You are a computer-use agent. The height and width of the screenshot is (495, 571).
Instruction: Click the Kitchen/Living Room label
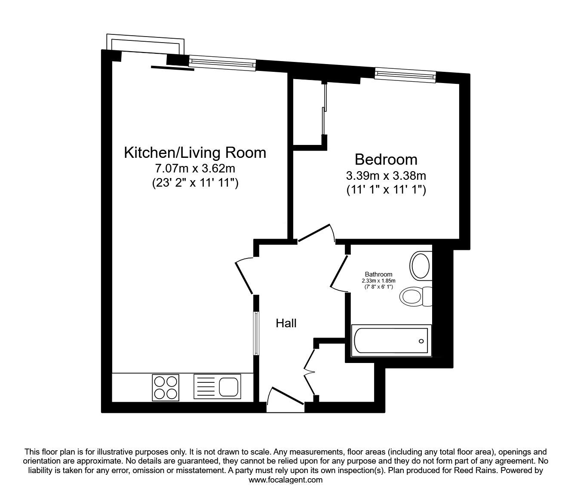195,153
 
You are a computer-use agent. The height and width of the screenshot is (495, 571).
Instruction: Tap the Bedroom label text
386,160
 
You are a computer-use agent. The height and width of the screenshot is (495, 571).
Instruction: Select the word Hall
286,323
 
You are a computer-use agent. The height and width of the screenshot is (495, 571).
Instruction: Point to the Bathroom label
378,274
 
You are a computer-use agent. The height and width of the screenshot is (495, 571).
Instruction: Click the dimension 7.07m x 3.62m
195,168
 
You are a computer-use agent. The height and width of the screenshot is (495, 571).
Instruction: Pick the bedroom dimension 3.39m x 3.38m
386,175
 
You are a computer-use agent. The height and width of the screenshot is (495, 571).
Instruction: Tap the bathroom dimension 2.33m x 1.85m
378,280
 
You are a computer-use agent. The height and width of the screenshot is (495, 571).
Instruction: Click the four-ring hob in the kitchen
166,388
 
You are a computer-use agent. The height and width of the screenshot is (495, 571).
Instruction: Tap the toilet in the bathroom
415,296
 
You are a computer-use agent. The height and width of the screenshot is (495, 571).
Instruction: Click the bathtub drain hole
421,341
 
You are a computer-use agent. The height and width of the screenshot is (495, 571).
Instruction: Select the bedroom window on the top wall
405,75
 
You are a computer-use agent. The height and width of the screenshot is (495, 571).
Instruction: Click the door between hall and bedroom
316,234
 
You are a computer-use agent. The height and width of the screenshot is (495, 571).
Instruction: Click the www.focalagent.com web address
285,480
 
